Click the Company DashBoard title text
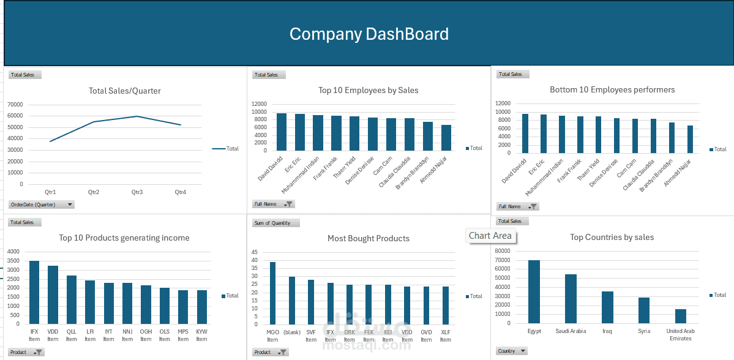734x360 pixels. [x=369, y=34]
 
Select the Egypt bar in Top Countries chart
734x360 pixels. [x=534, y=291]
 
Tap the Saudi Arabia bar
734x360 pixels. [x=571, y=299]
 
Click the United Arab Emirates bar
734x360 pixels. [x=681, y=317]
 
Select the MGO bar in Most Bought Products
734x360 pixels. [x=272, y=293]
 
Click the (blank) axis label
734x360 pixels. [x=292, y=332]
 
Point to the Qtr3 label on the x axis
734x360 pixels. [x=137, y=192]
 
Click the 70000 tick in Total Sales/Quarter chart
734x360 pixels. [x=15, y=105]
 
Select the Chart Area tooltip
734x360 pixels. [x=490, y=236]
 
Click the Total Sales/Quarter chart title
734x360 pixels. [x=124, y=91]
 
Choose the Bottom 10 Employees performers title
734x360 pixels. [x=612, y=89]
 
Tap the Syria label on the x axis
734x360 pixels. [x=643, y=331]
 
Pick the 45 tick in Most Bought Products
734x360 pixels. [x=255, y=253]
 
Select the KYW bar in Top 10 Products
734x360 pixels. [x=202, y=307]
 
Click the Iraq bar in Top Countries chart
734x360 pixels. [x=607, y=307]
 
